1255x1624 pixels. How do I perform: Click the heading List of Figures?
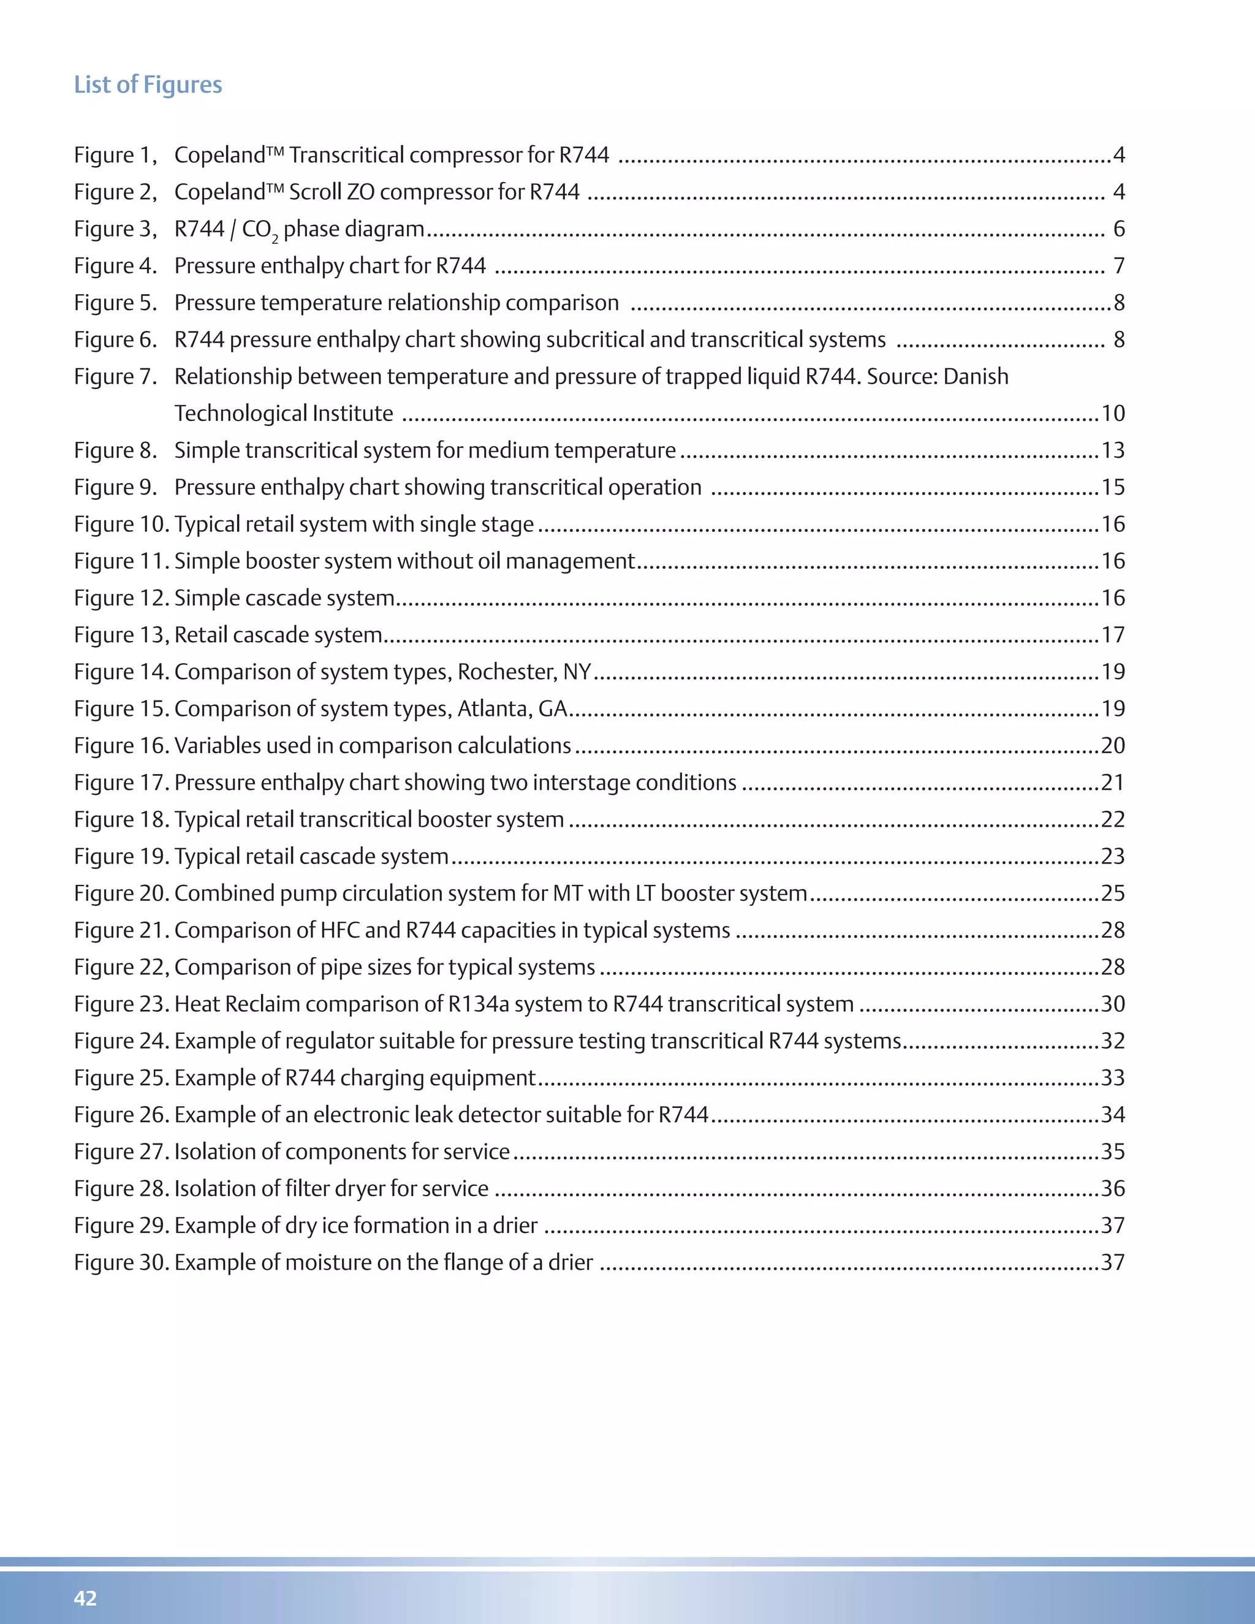[x=148, y=85]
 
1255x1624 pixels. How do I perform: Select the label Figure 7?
[x=115, y=376]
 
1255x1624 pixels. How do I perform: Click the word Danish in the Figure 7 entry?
[x=976, y=376]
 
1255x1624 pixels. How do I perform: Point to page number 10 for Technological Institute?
[x=1112, y=414]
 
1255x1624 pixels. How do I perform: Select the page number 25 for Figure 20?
[x=1112, y=893]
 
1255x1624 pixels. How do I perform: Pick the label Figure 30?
[x=122, y=1262]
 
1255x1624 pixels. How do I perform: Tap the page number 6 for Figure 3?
[x=1118, y=229]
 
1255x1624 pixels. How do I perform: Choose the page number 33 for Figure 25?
[x=1112, y=1077]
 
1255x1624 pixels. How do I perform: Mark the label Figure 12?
[x=122, y=598]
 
